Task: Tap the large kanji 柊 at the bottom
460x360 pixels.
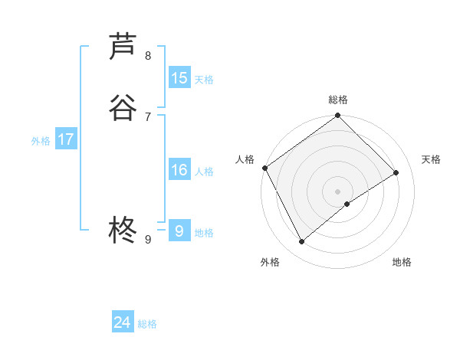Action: point(123,229)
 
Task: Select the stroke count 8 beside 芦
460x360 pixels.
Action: point(148,55)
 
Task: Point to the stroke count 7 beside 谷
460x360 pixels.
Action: point(148,116)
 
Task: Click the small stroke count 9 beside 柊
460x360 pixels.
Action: point(148,239)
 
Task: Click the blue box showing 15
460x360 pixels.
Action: point(179,78)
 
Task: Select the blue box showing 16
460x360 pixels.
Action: point(179,170)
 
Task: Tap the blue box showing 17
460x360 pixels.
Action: point(66,139)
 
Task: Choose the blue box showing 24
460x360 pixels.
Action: point(123,322)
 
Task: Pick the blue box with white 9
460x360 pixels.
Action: point(179,231)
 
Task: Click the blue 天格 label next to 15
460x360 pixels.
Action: point(204,80)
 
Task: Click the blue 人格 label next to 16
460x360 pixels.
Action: point(204,172)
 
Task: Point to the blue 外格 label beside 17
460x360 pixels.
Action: point(41,141)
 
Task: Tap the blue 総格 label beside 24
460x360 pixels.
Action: point(147,324)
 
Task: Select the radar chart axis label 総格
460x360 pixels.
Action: point(338,100)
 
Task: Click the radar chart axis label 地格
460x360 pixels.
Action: point(402,262)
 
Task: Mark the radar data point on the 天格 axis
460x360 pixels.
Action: point(396,172)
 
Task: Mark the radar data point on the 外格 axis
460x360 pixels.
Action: point(302,242)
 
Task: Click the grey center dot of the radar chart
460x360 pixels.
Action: point(338,191)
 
